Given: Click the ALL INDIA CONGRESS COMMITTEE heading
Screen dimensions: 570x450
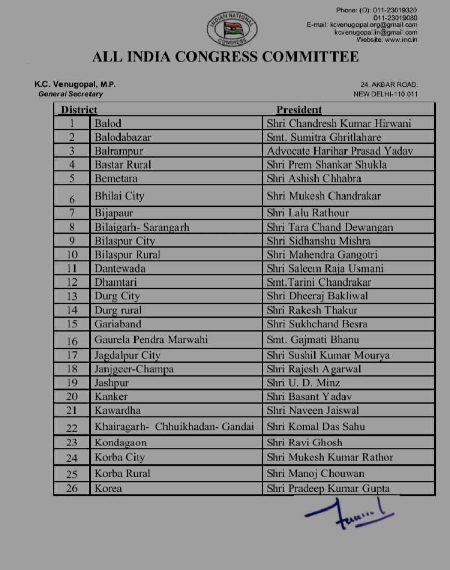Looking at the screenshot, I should (x=225, y=56).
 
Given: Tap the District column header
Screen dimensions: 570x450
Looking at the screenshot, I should (x=79, y=110).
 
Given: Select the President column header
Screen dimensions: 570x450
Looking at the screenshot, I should (x=298, y=110).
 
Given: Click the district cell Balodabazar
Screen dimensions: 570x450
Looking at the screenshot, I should (x=123, y=137).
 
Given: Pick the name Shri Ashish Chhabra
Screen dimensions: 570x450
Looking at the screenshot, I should (x=314, y=178).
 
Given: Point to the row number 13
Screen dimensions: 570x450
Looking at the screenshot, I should (x=72, y=296).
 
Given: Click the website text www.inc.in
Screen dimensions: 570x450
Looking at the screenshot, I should (x=402, y=40).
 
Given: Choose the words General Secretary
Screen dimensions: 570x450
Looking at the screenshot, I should (x=71, y=94).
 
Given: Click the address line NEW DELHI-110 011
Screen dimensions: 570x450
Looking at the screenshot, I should (x=385, y=94).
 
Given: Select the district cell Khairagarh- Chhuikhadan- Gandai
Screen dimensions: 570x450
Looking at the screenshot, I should (x=174, y=427).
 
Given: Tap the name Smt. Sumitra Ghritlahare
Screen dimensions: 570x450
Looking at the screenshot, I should (x=324, y=137).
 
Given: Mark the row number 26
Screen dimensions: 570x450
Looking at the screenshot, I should (x=72, y=488).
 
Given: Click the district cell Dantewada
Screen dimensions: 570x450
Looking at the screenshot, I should (x=119, y=268).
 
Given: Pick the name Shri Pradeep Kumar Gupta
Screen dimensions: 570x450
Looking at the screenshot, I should (x=328, y=488).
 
